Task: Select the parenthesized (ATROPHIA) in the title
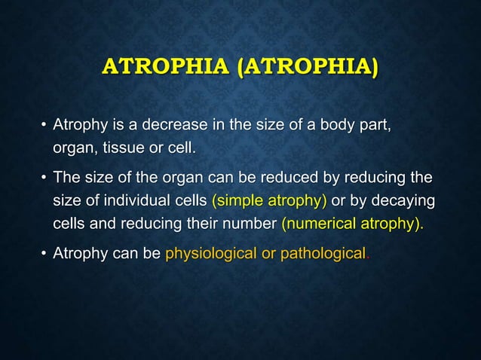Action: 308,66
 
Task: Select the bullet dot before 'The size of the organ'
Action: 44,179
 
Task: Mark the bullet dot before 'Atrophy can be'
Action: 44,255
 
